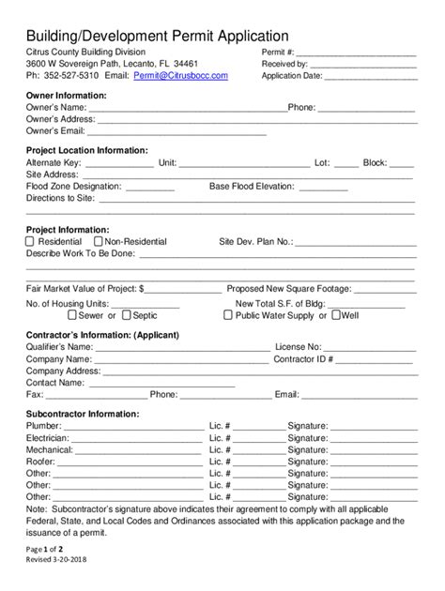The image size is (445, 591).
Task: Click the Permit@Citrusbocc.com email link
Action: click(x=180, y=75)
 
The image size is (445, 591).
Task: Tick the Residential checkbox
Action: click(x=29, y=241)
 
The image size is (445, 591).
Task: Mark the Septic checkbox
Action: click(x=125, y=316)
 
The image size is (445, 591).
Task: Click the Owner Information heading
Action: click(x=66, y=96)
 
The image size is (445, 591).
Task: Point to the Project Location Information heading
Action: click(x=86, y=150)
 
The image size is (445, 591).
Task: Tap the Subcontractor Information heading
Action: click(x=83, y=414)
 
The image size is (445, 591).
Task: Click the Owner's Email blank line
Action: click(x=244, y=132)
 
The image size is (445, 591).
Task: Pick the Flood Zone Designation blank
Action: click(x=143, y=187)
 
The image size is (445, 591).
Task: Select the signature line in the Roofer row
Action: click(x=371, y=462)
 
